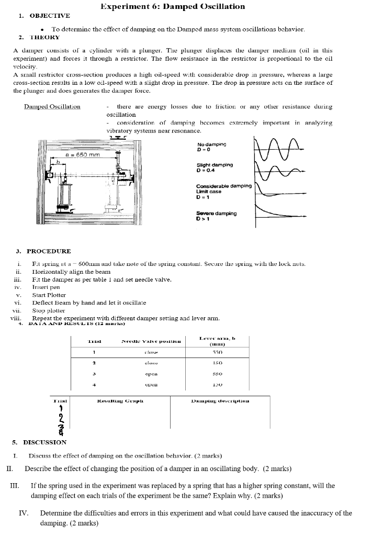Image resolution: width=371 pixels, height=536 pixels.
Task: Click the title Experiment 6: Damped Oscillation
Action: click(x=172, y=6)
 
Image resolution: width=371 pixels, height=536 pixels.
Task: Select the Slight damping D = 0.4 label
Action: click(x=215, y=167)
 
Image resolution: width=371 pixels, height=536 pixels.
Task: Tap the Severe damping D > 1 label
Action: click(x=216, y=216)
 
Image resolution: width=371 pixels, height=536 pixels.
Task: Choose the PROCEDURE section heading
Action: click(x=49, y=251)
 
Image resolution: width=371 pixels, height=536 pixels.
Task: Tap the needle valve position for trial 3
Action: click(x=151, y=374)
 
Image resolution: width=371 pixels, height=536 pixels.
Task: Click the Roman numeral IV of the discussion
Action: click(x=24, y=513)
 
